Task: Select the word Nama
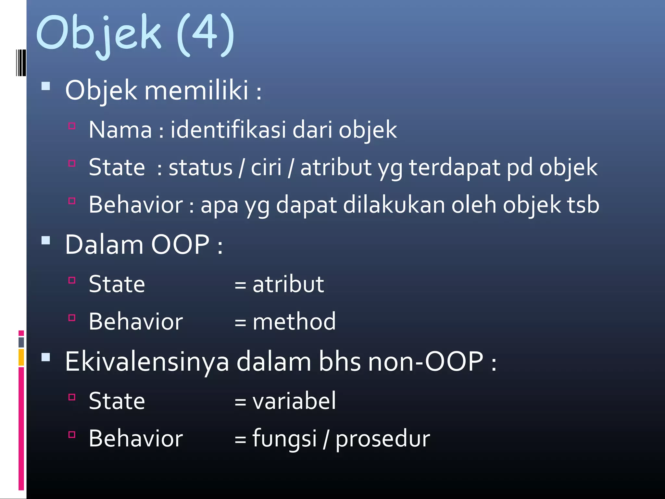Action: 120,130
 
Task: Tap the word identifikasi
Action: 228,130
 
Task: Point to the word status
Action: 200,167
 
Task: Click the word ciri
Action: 266,167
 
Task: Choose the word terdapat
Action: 454,167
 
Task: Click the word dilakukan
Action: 394,205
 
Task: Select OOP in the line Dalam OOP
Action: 180,245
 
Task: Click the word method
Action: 294,322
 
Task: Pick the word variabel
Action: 294,401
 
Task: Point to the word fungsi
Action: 284,439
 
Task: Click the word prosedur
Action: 383,439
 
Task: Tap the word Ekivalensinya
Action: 147,361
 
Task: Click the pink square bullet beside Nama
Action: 72,126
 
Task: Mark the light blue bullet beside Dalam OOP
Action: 46,241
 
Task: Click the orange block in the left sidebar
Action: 21,357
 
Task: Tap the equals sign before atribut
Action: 240,285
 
